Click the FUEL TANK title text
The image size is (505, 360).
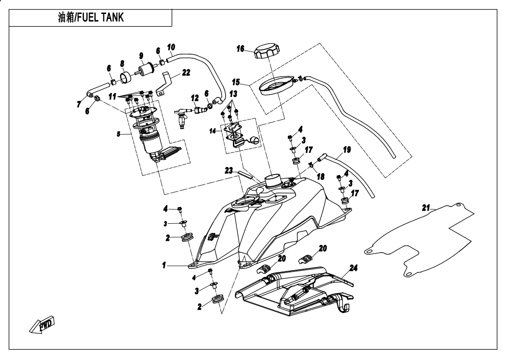click(92, 18)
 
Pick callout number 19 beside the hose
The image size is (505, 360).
click(347, 148)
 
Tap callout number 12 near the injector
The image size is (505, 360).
click(194, 97)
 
